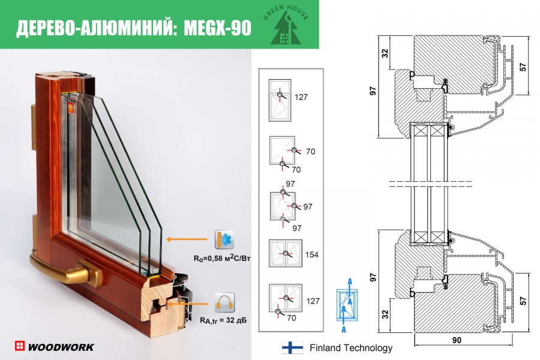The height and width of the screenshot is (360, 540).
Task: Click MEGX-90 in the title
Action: point(215,28)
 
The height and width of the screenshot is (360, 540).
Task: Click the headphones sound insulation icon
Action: point(224,303)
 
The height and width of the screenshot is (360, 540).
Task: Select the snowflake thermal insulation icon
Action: point(224,239)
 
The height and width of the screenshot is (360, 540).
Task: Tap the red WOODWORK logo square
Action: point(20,346)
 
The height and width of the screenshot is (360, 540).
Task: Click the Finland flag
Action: point(292,347)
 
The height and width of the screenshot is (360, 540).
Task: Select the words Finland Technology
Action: point(351,347)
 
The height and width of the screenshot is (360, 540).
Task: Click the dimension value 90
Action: point(457,341)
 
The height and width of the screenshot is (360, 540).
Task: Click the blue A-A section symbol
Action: point(345,303)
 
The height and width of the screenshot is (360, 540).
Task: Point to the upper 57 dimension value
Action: point(523,68)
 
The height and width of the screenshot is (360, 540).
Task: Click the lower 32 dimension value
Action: point(385,314)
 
